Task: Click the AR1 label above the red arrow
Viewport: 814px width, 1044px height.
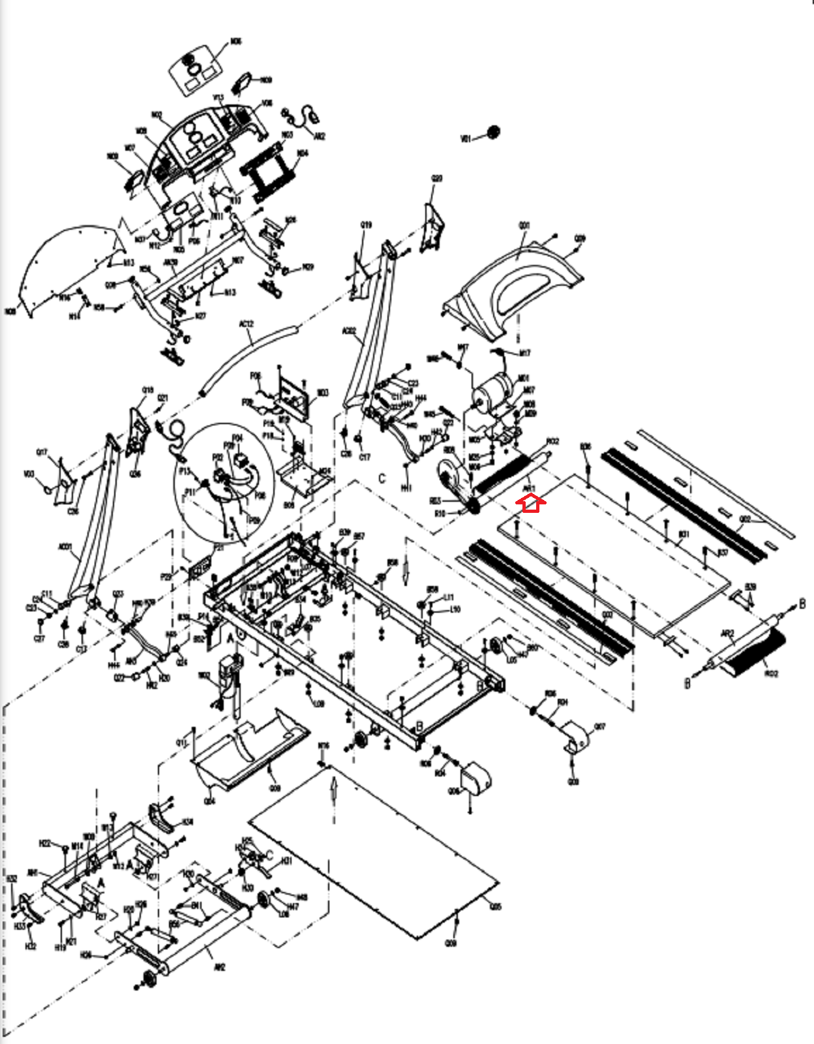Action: point(529,488)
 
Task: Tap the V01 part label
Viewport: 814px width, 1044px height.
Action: point(466,139)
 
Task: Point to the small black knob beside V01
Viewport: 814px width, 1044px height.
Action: point(493,132)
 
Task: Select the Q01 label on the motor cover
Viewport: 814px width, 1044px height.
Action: point(524,226)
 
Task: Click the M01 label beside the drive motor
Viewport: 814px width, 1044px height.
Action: point(523,378)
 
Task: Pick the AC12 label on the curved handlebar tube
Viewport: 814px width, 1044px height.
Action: point(246,324)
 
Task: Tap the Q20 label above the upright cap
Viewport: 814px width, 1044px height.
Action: point(437,178)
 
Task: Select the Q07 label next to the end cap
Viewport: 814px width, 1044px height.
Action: point(599,726)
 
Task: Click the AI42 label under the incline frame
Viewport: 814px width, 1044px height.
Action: point(219,967)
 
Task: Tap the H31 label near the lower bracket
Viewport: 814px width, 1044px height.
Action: point(286,861)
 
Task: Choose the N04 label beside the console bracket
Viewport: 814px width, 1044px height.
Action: point(303,154)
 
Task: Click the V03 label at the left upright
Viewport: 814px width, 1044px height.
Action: point(29,474)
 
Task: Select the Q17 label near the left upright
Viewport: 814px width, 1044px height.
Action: point(42,452)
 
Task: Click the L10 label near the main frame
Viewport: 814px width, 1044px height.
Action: point(455,609)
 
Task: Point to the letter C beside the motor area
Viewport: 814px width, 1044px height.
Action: point(382,478)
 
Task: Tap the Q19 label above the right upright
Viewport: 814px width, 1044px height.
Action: point(366,225)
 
